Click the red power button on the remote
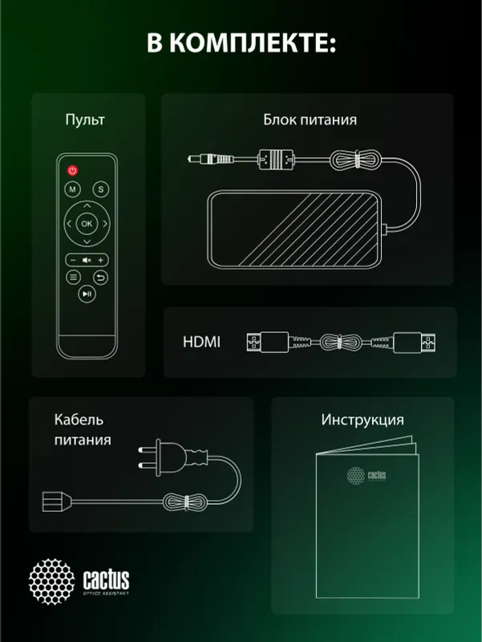[72, 171]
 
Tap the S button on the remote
[100, 189]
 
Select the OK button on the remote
[87, 223]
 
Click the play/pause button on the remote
[87, 295]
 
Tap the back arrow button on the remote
[100, 278]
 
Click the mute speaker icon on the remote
[87, 259]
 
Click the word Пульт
[85, 120]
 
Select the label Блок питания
[310, 120]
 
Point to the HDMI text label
[200, 343]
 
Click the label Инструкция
[363, 420]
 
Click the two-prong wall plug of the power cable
[160, 458]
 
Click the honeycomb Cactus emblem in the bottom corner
[52, 580]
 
